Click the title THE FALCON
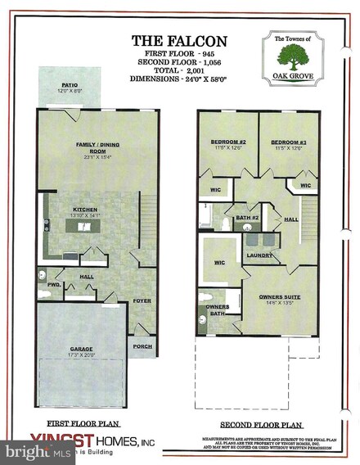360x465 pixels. (x=179, y=39)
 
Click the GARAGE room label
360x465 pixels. (x=81, y=349)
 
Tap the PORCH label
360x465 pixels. (x=142, y=345)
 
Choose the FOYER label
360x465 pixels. (x=142, y=300)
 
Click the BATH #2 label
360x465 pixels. (x=249, y=217)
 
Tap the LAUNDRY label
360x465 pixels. (x=259, y=255)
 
